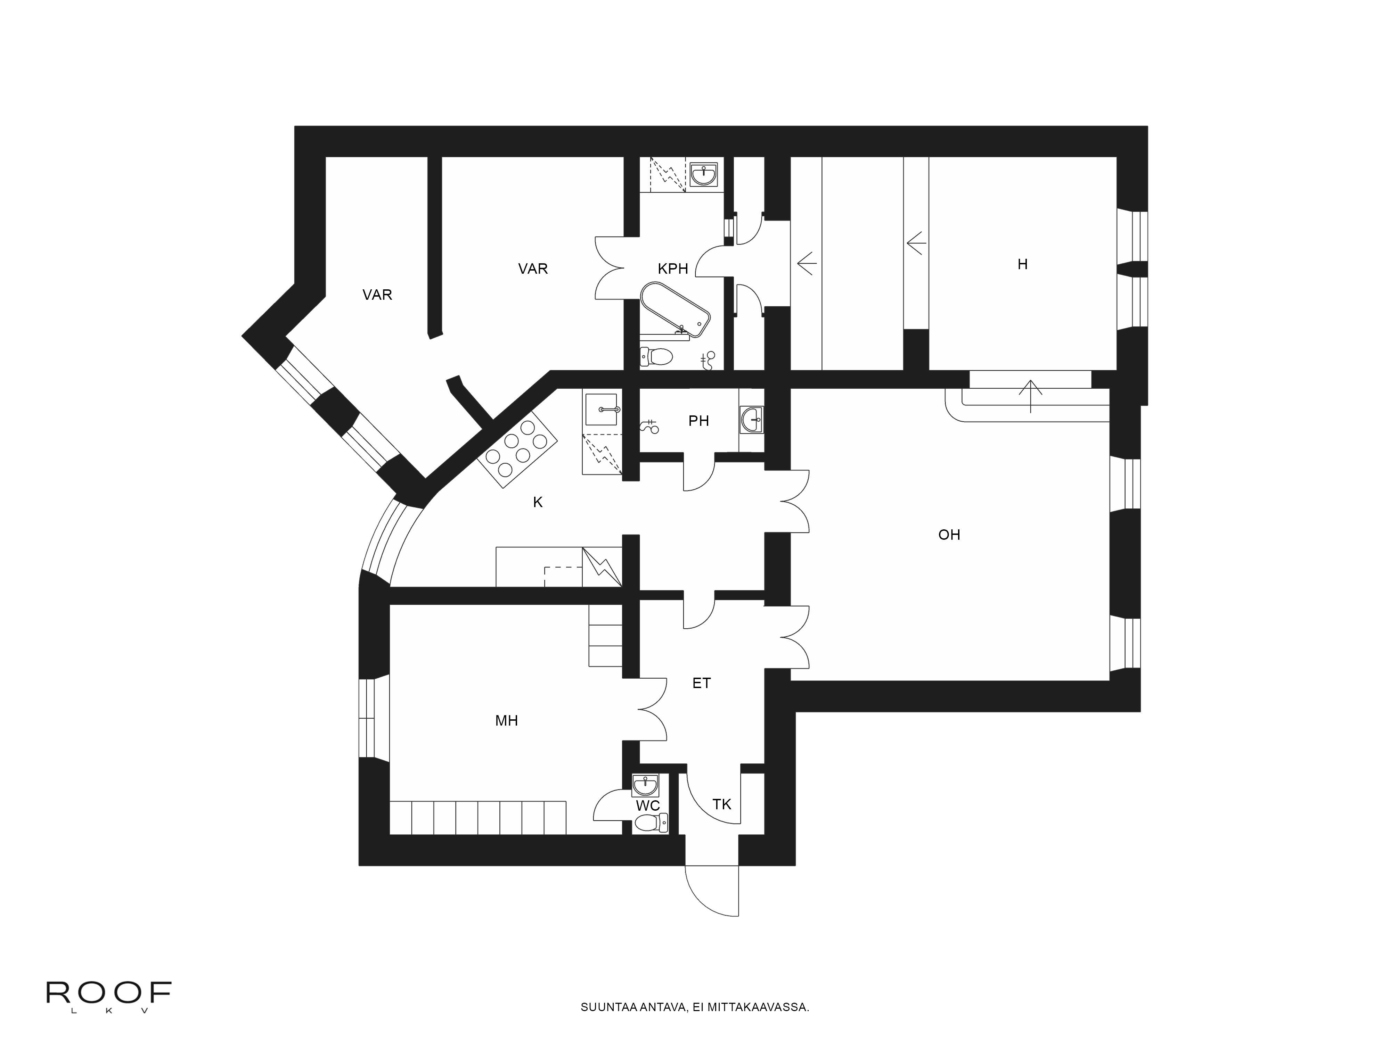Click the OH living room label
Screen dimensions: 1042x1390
tap(949, 535)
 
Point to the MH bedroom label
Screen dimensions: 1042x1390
tap(507, 720)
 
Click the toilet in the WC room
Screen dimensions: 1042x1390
tap(649, 822)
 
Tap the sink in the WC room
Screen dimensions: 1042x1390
tap(645, 785)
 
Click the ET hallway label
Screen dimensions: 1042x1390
tap(701, 683)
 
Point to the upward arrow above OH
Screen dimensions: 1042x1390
tap(1031, 396)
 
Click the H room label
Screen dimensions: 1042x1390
tap(1022, 264)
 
